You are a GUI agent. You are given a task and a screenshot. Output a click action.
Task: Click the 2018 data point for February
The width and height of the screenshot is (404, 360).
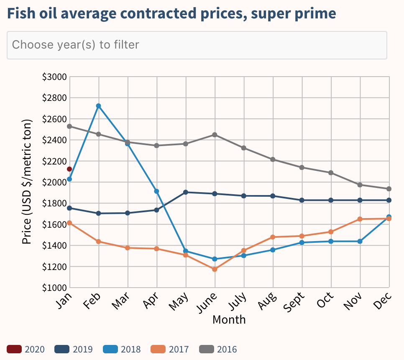(99, 106)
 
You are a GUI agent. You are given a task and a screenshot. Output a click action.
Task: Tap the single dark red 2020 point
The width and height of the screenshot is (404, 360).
(69, 169)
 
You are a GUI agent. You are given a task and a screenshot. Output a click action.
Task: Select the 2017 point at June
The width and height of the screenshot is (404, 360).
(215, 269)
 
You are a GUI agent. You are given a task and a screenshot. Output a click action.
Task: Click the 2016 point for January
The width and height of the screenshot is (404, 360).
(69, 126)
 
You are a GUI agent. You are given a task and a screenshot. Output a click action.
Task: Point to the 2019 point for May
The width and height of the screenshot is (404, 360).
(186, 192)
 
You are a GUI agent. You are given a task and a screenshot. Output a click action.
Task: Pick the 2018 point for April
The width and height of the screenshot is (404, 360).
(157, 191)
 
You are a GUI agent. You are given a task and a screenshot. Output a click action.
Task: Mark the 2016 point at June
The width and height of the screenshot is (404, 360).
(215, 135)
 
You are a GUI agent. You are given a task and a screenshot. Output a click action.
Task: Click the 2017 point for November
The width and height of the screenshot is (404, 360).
(360, 219)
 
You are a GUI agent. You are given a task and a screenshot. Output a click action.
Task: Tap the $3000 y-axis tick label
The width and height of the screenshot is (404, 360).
(54, 77)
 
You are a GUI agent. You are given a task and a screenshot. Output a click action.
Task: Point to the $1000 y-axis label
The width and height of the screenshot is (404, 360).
(54, 288)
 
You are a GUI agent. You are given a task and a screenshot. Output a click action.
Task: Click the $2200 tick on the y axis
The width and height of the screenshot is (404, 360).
(54, 161)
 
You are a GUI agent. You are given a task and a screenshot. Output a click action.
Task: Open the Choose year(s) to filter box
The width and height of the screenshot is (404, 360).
(197, 45)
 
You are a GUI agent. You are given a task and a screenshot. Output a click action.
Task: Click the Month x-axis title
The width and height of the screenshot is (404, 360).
(229, 320)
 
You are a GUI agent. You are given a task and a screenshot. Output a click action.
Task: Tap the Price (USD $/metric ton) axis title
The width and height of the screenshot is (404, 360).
(27, 182)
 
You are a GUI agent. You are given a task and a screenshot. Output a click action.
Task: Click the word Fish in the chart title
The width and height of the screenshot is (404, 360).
(21, 13)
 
